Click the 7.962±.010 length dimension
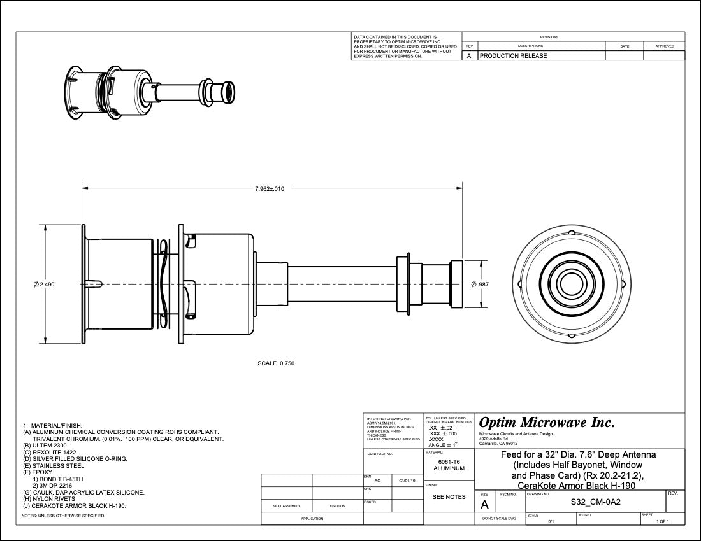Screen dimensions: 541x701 tap(270, 188)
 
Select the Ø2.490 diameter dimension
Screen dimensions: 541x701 tap(45, 285)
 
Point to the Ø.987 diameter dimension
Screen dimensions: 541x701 tap(480, 284)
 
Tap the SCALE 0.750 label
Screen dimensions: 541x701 tap(276, 363)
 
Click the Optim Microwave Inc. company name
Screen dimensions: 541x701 tap(546, 423)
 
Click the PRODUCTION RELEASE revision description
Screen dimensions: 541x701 tap(513, 56)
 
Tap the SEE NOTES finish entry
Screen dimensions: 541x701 tap(449, 496)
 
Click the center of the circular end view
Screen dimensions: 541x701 tap(566, 284)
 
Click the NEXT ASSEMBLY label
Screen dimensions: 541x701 tap(286, 507)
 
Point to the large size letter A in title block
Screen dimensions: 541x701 tap(484, 505)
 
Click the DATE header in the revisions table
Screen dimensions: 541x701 tap(624, 46)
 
